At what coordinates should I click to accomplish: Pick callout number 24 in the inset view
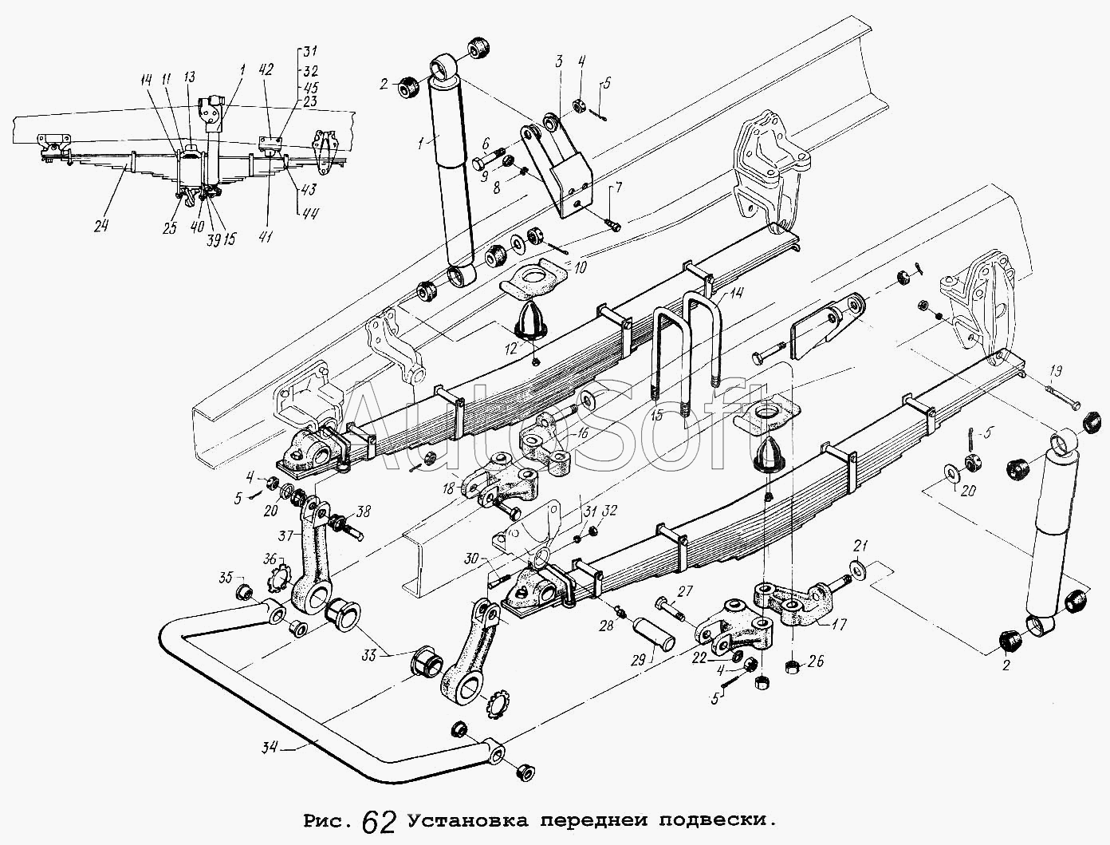tap(100, 226)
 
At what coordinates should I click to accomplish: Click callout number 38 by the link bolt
tap(364, 513)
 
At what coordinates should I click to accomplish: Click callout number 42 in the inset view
tap(266, 69)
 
